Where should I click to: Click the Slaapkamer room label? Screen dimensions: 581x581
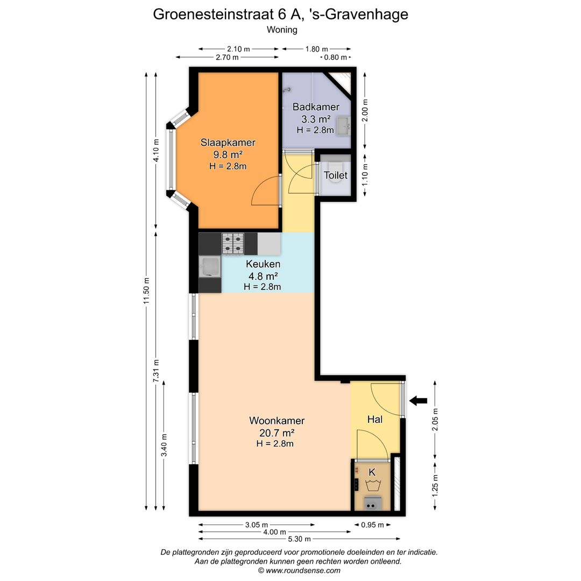coord(228,142)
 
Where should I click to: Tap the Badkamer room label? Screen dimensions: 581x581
coord(316,107)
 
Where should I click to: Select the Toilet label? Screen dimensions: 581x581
coord(336,175)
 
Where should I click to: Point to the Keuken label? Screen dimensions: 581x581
coord(263,264)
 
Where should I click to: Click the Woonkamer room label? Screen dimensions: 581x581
coord(277,421)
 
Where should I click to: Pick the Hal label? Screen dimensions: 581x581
coord(374,419)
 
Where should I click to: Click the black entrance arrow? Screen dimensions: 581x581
coord(419,401)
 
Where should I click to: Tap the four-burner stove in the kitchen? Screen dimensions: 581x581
coord(233,244)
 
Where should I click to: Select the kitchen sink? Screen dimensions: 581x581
coord(210,267)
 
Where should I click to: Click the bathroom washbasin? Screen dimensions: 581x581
coord(343,126)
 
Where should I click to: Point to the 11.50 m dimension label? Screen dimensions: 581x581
coord(147,291)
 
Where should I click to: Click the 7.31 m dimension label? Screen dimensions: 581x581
coord(156,371)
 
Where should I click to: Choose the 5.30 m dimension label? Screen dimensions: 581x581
coord(300,539)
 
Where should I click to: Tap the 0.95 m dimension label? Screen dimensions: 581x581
coord(372,525)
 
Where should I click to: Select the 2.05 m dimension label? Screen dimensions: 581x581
coord(435,420)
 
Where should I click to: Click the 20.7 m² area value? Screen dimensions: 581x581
coord(277,433)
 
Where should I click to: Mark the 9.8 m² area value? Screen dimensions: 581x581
coord(228,154)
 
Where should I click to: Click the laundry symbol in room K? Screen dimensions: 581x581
coord(372,485)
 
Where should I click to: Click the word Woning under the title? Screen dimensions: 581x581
coord(282,30)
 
